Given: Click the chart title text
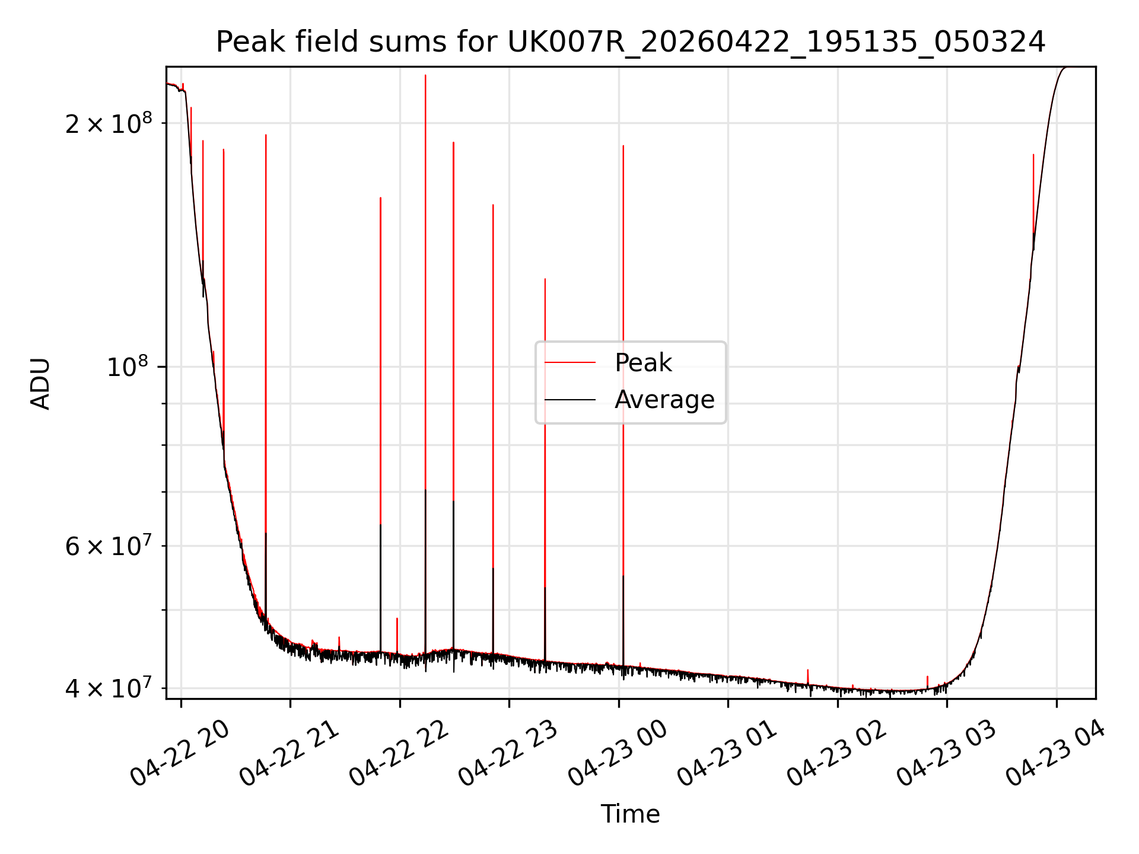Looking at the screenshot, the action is coord(630,42).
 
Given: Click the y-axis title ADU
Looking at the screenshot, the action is coord(40,383).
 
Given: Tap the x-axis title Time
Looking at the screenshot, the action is coord(630,814).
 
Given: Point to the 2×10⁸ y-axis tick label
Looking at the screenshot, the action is coord(109,123).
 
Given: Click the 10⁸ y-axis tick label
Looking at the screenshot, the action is coord(129,367).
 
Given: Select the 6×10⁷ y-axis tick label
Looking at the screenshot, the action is coord(109,545).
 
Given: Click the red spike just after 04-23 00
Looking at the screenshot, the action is coord(623,356).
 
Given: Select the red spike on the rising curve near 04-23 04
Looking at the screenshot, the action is coord(1033,196).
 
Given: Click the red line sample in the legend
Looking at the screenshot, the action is coord(570,362).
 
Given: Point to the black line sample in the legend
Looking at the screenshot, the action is coord(570,400).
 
